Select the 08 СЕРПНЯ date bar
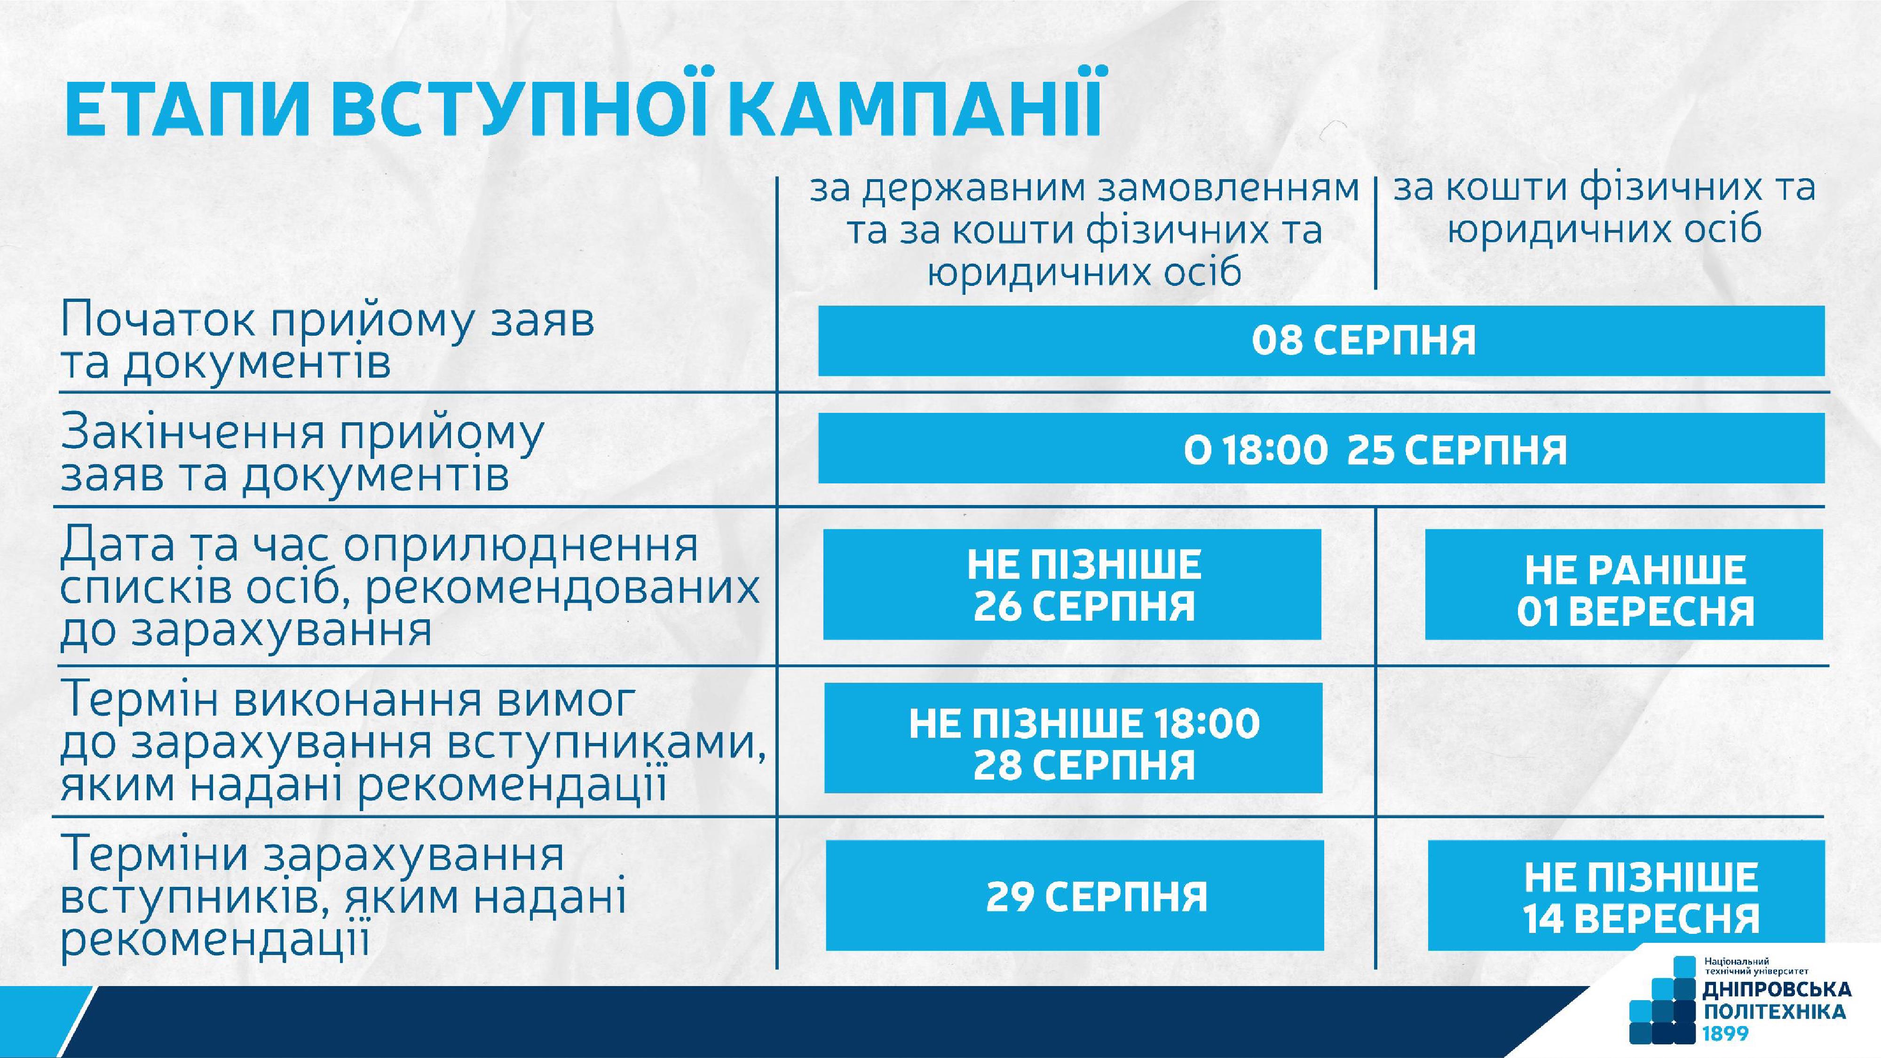pyautogui.click(x=1321, y=341)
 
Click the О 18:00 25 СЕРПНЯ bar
pyautogui.click(x=1321, y=448)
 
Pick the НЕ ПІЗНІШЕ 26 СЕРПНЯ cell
pyautogui.click(x=1073, y=584)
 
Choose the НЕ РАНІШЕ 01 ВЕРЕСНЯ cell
pyautogui.click(x=1624, y=584)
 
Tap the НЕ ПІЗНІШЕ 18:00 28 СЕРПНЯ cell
pyautogui.click(x=1074, y=737)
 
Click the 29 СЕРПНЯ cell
pyautogui.click(x=1075, y=895)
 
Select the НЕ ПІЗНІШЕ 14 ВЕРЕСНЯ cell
pyautogui.click(x=1626, y=895)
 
